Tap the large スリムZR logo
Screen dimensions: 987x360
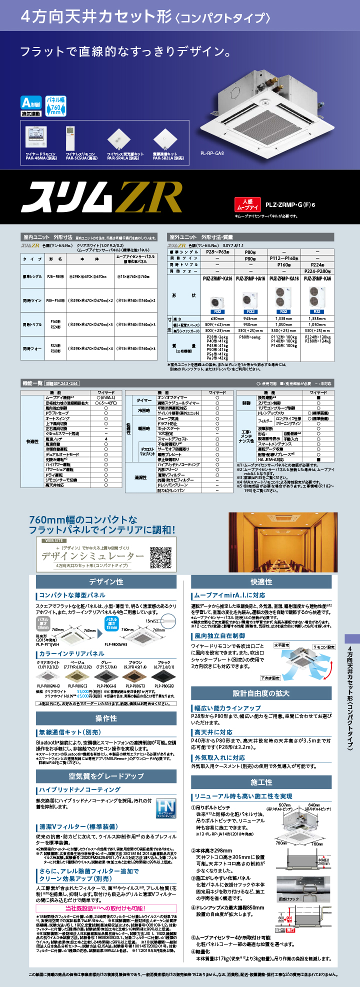(102, 197)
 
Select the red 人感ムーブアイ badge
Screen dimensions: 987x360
(248, 204)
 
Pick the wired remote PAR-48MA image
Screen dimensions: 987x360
(36, 138)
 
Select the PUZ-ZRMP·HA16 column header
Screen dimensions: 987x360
(250, 278)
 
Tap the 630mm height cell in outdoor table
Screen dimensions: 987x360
(217, 318)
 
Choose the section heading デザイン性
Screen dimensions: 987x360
(106, 581)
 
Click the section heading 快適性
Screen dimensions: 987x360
(261, 581)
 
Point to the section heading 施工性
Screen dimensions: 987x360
(261, 782)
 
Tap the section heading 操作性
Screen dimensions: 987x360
(106, 718)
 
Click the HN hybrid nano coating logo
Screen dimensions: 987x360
(164, 807)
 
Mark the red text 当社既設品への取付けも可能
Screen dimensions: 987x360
(105, 908)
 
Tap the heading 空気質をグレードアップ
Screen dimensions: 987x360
(106, 776)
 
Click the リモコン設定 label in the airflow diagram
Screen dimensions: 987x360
(323, 647)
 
